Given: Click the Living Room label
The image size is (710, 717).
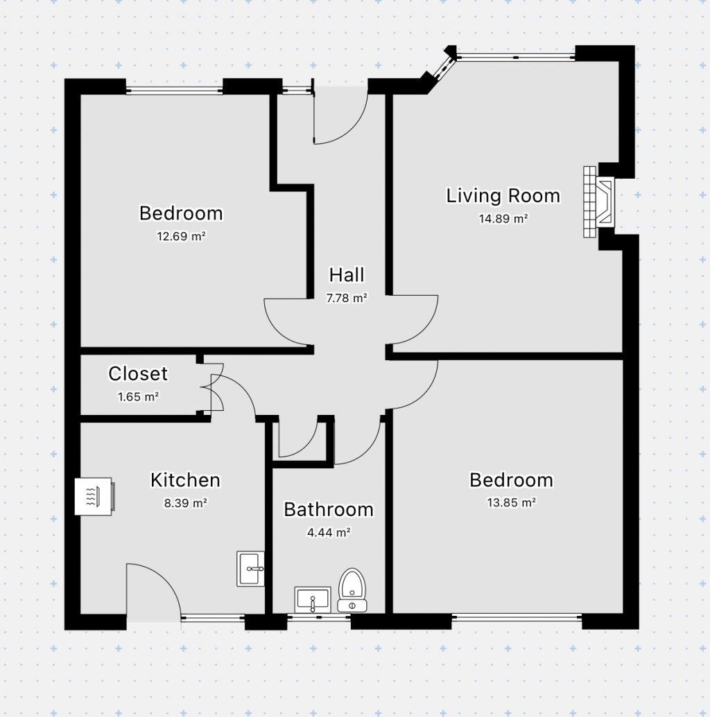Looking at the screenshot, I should tap(503, 195).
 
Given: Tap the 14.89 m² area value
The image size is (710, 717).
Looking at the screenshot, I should tap(503, 218).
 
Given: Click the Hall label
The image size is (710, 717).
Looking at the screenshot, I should tap(347, 275).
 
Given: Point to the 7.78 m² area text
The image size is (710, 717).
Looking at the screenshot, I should tap(347, 299).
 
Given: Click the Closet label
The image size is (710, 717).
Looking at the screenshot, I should tap(138, 374).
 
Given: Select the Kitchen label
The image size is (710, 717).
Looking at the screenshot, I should tap(185, 480).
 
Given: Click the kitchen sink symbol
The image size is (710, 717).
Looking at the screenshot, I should tap(250, 569).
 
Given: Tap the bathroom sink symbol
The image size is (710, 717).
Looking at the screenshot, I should tap(315, 599).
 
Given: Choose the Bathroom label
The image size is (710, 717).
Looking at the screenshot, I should tap(329, 510).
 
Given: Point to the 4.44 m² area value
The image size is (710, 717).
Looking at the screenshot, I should tap(329, 533).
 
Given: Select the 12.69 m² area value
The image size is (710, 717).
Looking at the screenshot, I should tap(182, 236).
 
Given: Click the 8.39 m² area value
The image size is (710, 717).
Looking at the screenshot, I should tap(186, 503).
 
